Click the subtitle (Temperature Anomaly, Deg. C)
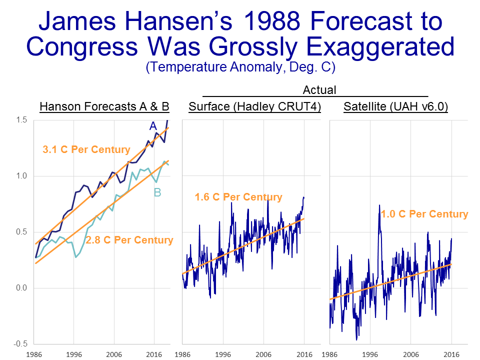(x=239, y=67)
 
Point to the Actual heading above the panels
(x=319, y=90)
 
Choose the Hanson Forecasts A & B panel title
(x=104, y=106)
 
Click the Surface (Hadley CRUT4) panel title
(x=254, y=106)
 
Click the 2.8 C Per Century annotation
(x=129, y=240)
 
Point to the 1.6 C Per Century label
(x=238, y=197)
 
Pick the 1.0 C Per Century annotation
(x=424, y=214)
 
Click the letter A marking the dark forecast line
(x=153, y=127)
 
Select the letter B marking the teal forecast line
(x=157, y=192)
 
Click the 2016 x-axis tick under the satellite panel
(x=451, y=353)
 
